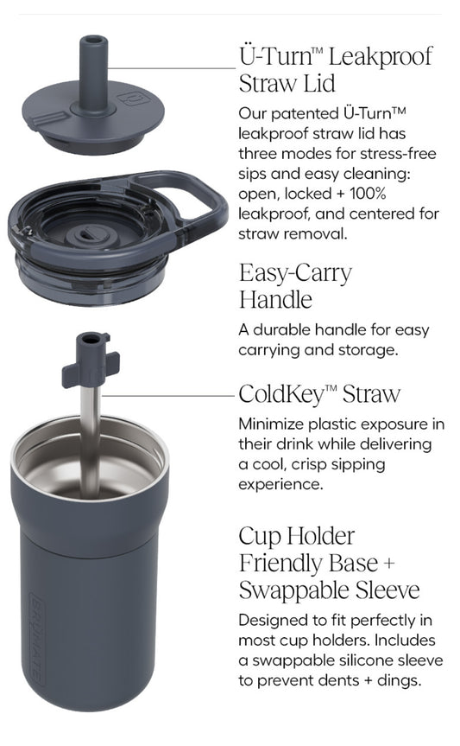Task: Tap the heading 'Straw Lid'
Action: click(287, 83)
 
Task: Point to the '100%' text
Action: click(368, 193)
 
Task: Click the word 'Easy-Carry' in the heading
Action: click(295, 274)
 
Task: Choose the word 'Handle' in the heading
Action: click(275, 300)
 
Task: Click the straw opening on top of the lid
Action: click(93, 40)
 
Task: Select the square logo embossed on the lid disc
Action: click(135, 99)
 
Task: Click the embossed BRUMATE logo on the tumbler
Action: click(37, 639)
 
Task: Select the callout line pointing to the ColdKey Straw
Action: click(168, 395)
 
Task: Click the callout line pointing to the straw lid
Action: click(172, 68)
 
